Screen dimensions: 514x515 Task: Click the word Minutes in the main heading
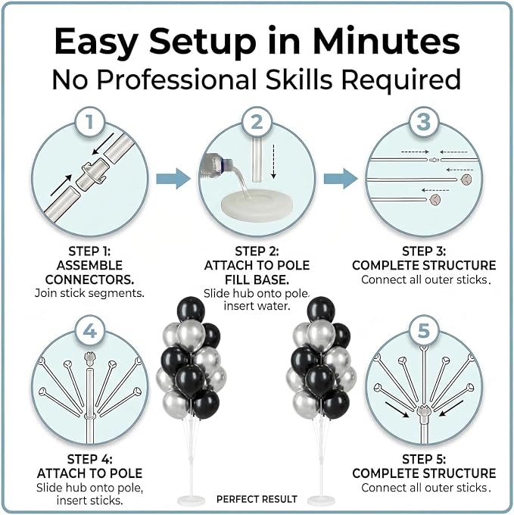coord(386,41)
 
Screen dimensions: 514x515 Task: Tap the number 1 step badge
coord(90,122)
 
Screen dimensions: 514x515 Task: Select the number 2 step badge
coord(257,122)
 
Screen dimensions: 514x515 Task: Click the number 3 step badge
coord(424,122)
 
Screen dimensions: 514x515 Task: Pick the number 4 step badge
coord(90,331)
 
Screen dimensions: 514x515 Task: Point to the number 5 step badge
coord(424,331)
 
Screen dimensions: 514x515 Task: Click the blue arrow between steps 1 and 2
coord(173,179)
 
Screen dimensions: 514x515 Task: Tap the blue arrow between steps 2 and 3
coord(341,179)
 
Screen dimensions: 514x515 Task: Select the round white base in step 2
coord(257,206)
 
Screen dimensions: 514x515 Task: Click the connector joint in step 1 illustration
coord(92,173)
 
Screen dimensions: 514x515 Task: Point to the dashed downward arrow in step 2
coord(273,161)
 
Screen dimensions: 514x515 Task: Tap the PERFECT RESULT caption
coord(257,499)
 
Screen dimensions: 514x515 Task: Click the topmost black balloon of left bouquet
coord(191,309)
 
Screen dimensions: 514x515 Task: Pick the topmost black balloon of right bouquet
coord(321,309)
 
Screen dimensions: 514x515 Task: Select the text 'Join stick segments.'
coord(89,293)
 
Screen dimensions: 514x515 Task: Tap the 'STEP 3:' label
coord(424,251)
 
